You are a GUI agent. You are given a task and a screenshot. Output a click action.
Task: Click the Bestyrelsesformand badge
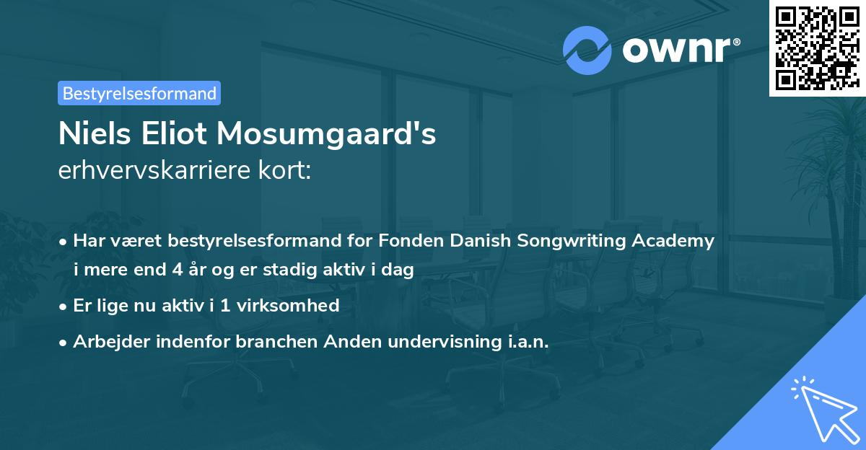pos(139,93)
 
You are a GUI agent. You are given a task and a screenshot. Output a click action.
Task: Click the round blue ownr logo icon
pos(587,50)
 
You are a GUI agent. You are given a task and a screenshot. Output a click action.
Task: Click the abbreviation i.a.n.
pos(524,342)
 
